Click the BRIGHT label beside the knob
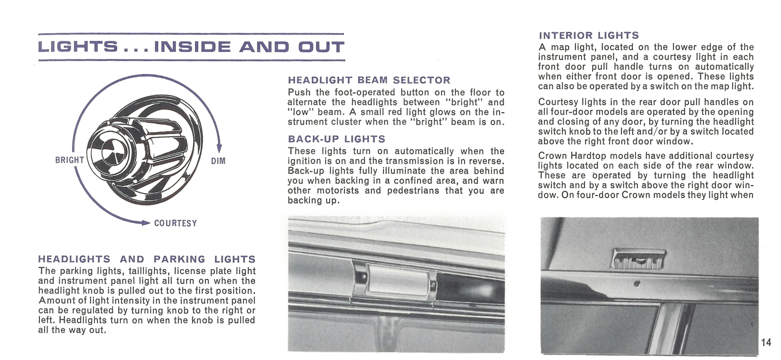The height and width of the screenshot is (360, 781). (69, 160)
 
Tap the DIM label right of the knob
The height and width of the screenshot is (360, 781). (218, 161)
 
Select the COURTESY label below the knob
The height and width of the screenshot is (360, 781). (175, 223)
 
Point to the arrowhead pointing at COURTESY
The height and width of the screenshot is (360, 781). (145, 223)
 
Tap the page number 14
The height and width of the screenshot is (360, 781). (766, 342)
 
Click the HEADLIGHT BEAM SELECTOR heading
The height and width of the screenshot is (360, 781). (369, 80)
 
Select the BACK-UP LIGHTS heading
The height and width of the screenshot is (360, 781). (336, 139)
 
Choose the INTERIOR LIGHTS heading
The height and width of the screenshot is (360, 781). (589, 36)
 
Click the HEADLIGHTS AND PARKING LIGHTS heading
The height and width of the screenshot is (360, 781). (147, 259)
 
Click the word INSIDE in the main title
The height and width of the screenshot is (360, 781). (192, 47)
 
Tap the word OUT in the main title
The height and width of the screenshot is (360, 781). (321, 47)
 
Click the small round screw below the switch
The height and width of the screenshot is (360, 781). (637, 283)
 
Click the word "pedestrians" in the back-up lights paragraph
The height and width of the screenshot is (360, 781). (413, 190)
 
